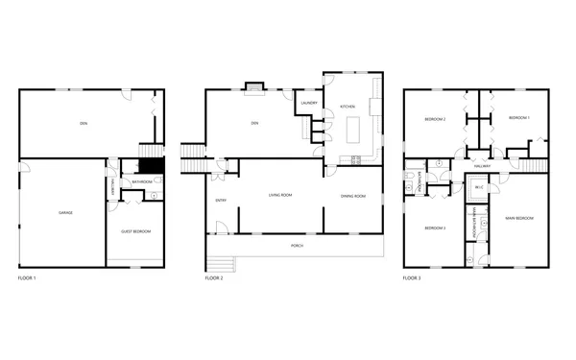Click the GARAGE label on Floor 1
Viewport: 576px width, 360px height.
tap(65, 212)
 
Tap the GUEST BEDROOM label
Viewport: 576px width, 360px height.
tap(135, 231)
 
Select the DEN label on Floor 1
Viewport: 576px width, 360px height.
tap(84, 123)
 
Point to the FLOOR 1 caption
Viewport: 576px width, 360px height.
tap(28, 277)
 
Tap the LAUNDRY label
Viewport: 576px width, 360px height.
tap(309, 103)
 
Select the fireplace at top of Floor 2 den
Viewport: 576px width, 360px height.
tap(253, 87)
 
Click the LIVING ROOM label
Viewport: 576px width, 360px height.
tap(279, 196)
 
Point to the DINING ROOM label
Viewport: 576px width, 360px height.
tap(353, 196)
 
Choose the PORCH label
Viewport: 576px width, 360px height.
tap(298, 246)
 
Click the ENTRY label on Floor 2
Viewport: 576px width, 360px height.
tap(222, 200)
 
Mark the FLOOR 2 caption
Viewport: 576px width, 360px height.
tap(214, 277)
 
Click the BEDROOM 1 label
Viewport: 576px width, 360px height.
tap(518, 117)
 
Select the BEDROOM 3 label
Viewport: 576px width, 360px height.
tap(436, 228)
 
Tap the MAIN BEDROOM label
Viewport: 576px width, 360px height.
tap(518, 218)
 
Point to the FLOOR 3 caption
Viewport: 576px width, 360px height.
tap(412, 277)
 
